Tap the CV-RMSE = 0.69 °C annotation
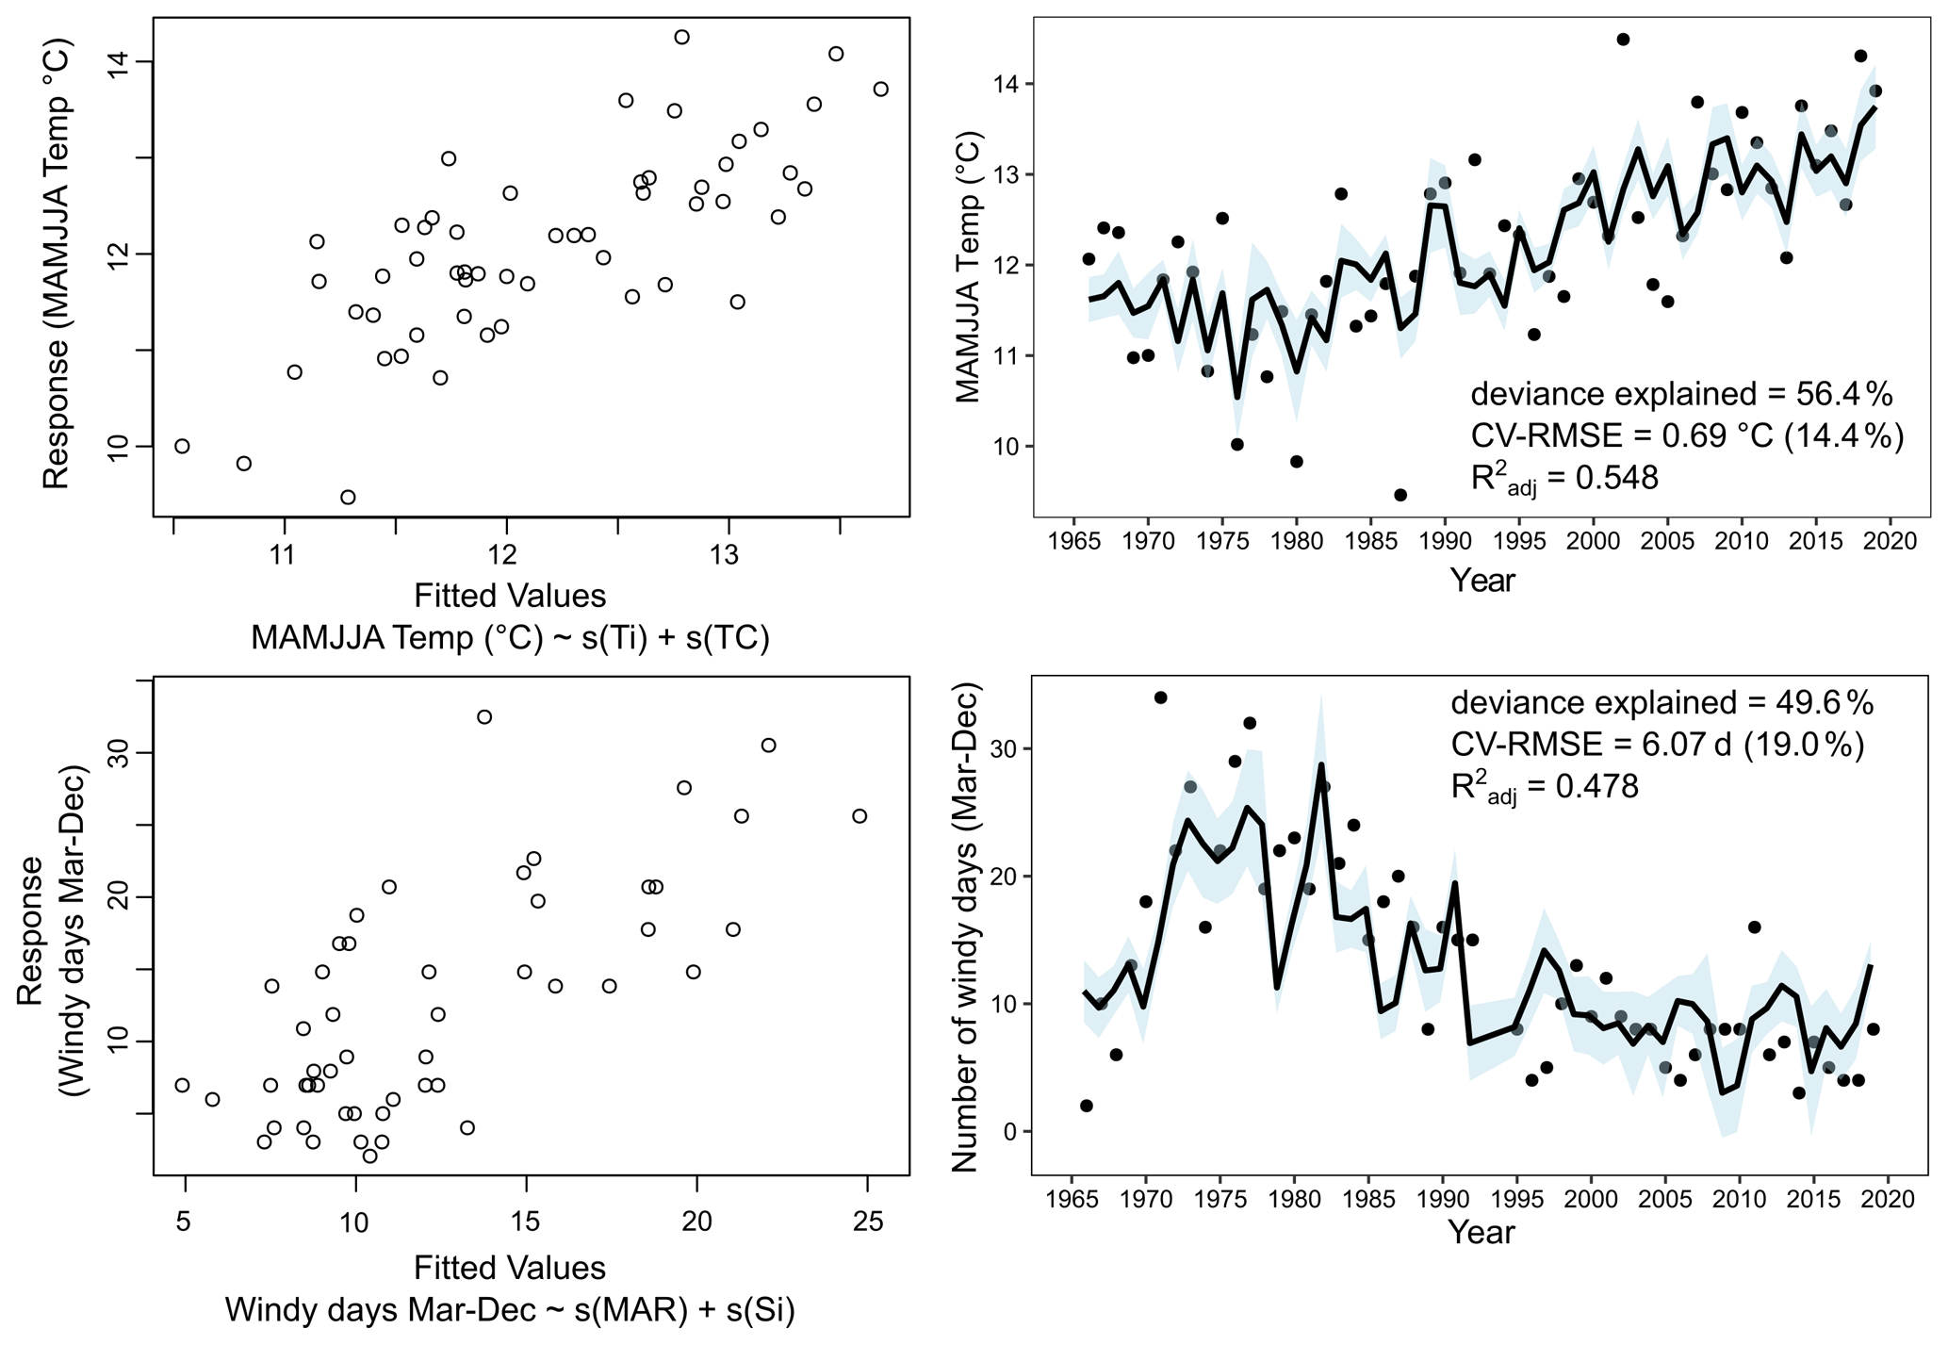[1687, 435]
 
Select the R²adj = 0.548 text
[1564, 478]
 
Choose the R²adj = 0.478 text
[1545, 787]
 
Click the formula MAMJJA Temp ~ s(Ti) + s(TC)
[510, 638]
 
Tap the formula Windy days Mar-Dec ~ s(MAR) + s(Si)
[510, 1310]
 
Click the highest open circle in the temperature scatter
[681, 37]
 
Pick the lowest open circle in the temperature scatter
[348, 497]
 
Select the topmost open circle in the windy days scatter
[484, 717]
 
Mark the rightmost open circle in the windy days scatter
[859, 816]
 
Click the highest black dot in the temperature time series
[1623, 40]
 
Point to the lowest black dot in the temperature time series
[1400, 495]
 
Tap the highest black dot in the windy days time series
[1160, 697]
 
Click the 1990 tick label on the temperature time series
[1445, 541]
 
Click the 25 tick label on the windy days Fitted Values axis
[868, 1222]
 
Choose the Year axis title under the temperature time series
[1482, 580]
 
